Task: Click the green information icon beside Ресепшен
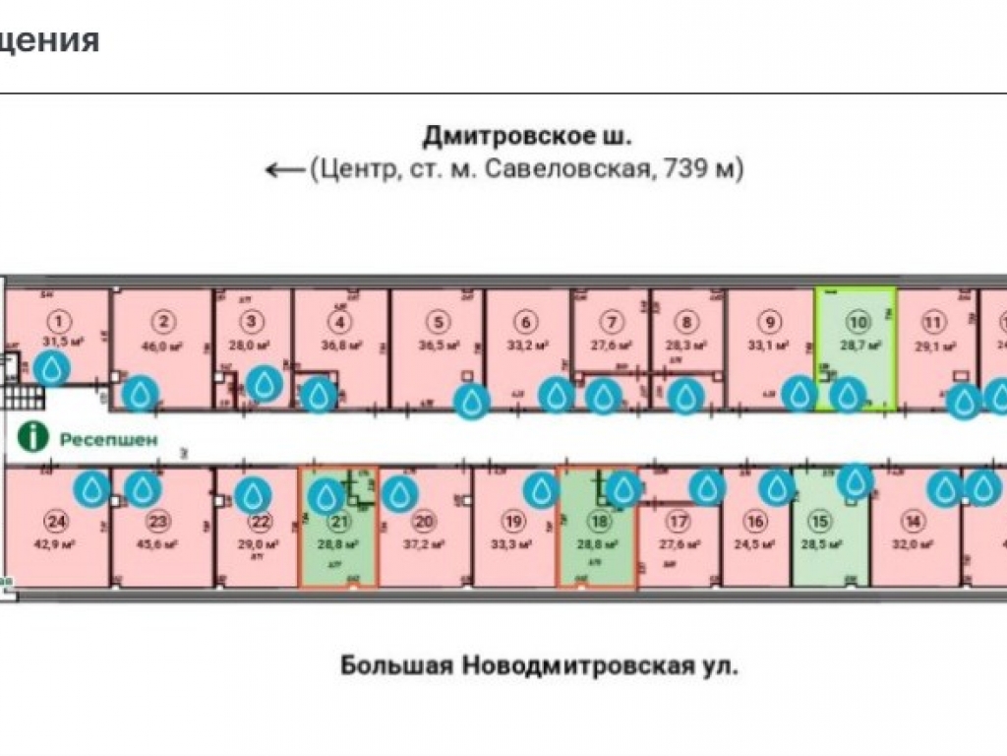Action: tap(36, 436)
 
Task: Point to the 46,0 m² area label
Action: tap(164, 346)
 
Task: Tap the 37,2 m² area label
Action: tap(424, 544)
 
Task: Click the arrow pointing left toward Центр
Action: tap(286, 169)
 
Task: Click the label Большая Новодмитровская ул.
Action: tap(539, 666)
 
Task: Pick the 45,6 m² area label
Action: tap(157, 544)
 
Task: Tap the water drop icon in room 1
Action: tap(51, 368)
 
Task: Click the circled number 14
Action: tap(914, 522)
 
